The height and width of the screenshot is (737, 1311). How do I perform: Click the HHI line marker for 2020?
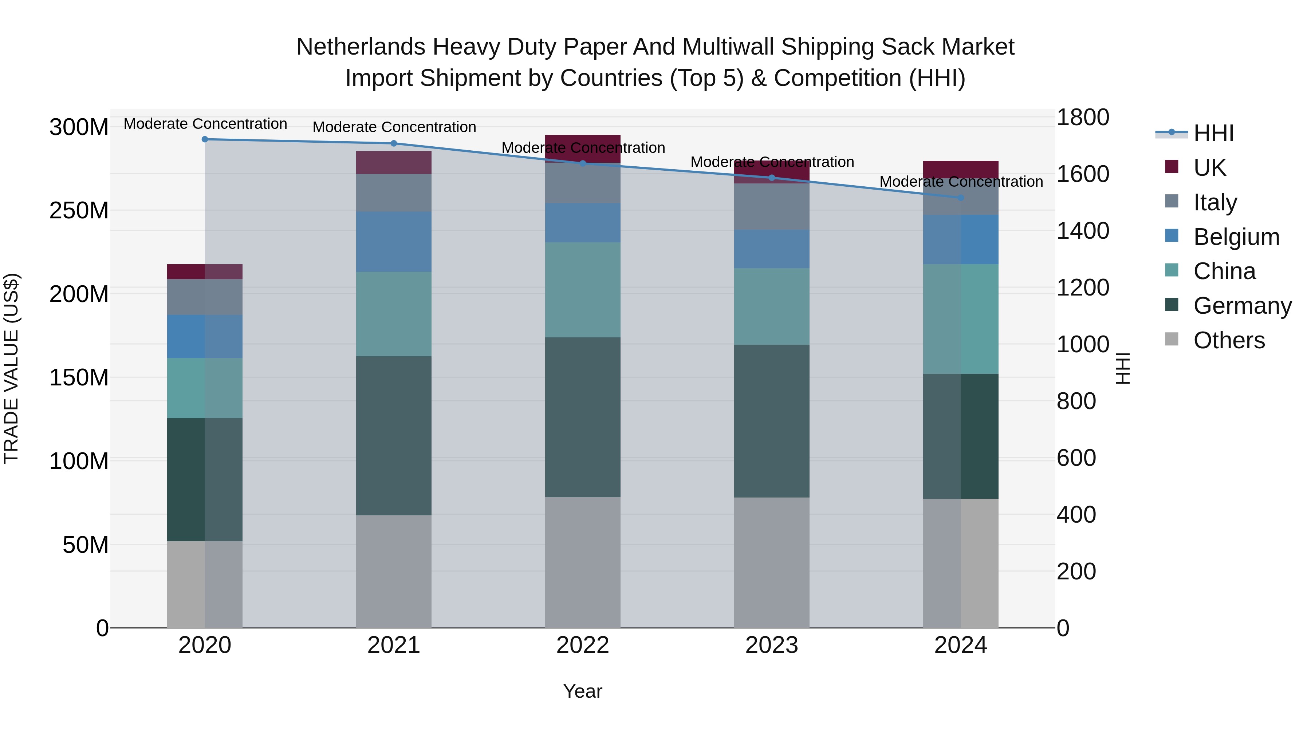tap(205, 139)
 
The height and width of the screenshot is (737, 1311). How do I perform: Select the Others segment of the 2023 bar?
tap(772, 562)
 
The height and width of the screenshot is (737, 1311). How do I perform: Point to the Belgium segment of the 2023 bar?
tap(772, 249)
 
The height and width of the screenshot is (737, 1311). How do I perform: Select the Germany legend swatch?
tap(1172, 305)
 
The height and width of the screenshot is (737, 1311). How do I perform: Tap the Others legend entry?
tap(1229, 340)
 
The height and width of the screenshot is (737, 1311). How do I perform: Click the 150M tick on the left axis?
tap(79, 377)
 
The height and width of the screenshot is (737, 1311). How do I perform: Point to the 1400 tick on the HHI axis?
tap(1083, 230)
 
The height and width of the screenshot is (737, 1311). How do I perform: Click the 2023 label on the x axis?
tap(772, 645)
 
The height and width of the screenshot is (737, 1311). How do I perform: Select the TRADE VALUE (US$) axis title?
tap(11, 368)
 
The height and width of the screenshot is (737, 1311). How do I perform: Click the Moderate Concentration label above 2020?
tap(205, 124)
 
